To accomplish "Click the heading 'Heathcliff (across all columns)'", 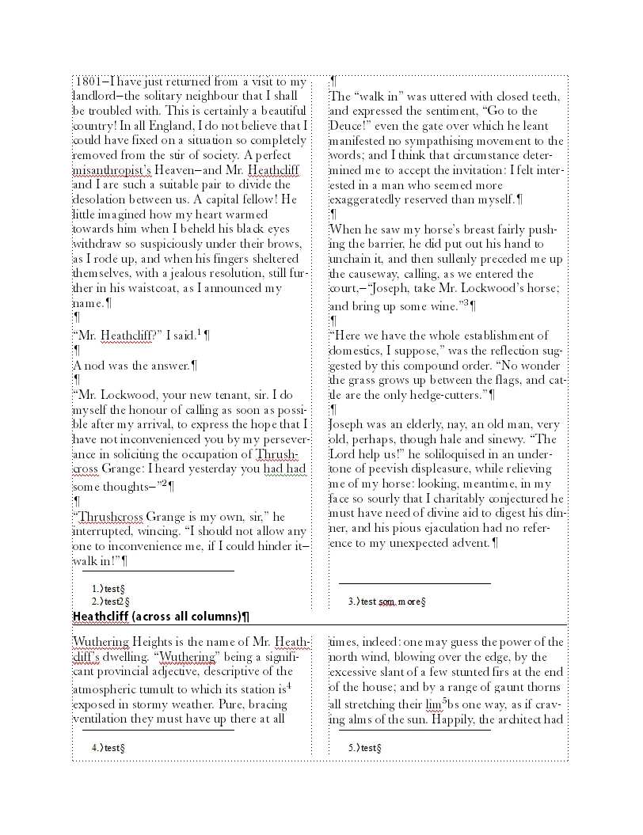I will pos(162,617).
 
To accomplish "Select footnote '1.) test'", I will pos(109,589).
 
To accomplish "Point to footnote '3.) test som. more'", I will pos(387,602).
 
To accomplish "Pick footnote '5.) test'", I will pos(365,748).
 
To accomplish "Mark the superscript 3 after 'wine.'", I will pos(466,303).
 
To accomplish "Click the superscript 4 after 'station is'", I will pos(289,685).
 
